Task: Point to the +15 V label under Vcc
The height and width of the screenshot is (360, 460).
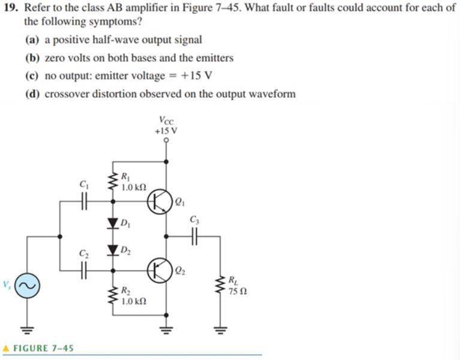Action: tap(166, 131)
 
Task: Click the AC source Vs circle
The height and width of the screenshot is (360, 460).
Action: tap(27, 286)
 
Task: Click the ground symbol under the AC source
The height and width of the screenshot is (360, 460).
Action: tap(27, 328)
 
